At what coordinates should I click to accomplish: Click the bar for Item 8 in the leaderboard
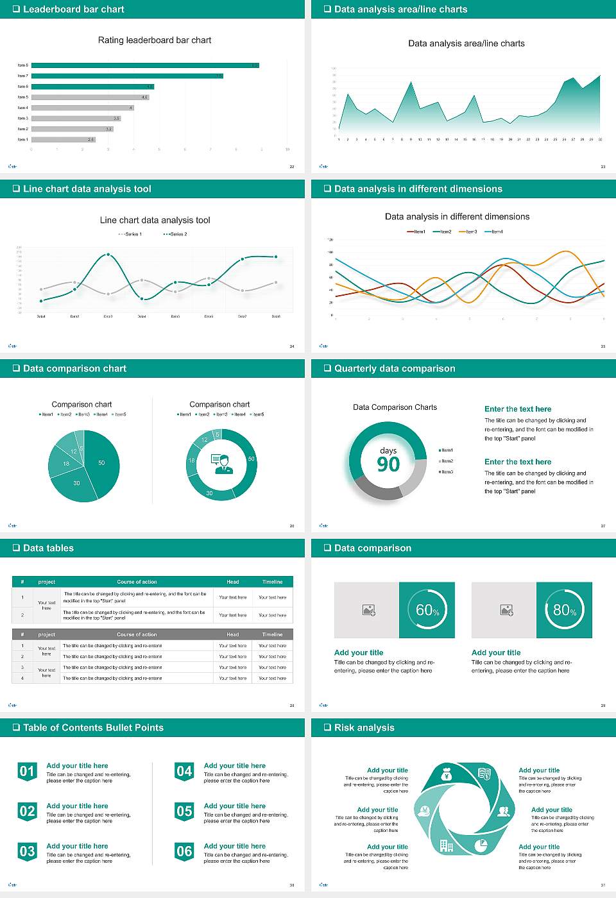tap(144, 65)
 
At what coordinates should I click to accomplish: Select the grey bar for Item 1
tap(63, 139)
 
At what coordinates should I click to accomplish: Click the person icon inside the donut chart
tap(221, 463)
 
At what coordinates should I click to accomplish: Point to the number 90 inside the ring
tap(388, 464)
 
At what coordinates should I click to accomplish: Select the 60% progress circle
tap(427, 610)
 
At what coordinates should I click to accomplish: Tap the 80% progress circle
tap(564, 610)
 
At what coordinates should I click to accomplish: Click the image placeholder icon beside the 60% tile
tap(368, 610)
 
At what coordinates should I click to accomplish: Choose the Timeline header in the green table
tap(272, 582)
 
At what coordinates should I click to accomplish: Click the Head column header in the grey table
tap(232, 634)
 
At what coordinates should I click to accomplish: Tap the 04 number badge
tap(184, 772)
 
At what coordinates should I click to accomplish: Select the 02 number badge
tap(27, 812)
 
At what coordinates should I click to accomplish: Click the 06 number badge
tap(184, 852)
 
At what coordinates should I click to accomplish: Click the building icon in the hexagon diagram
tap(446, 845)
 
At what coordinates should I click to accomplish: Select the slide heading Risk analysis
tap(364, 727)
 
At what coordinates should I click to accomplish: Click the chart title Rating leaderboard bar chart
tap(154, 40)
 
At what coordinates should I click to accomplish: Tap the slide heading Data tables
tap(48, 548)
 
